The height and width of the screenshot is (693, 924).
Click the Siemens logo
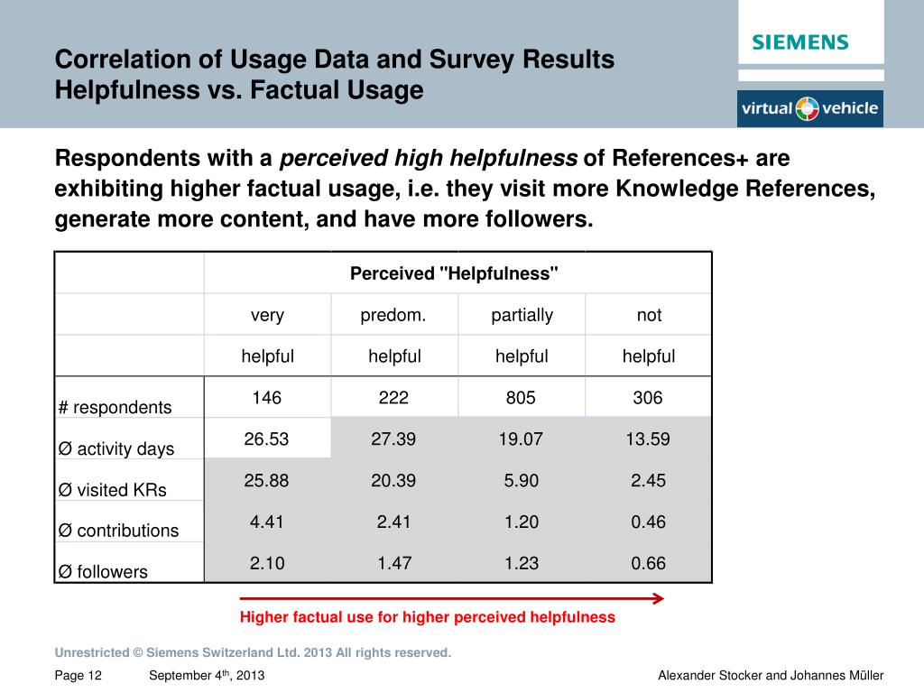click(800, 42)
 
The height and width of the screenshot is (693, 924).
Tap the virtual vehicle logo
click(809, 109)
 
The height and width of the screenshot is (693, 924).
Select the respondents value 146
click(267, 398)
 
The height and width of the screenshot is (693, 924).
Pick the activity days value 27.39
click(393, 439)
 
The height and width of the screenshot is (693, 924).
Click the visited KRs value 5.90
click(522, 481)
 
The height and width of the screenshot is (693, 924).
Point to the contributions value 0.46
click(648, 522)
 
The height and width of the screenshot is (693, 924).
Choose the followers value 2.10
click(267, 564)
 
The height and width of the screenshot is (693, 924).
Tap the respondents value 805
click(522, 398)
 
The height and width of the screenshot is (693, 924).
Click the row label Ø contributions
click(118, 531)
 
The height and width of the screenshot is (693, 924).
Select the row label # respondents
click(115, 407)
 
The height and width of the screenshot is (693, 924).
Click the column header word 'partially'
click(522, 315)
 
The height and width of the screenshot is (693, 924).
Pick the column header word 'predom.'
click(393, 315)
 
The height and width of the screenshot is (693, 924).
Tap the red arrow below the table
click(451, 598)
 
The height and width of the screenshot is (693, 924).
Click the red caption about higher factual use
click(428, 618)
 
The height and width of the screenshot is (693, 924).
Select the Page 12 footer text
click(79, 676)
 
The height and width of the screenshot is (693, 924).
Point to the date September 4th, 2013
click(207, 676)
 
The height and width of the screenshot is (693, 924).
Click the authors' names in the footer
click(771, 676)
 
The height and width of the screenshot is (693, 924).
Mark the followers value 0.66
click(648, 564)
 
